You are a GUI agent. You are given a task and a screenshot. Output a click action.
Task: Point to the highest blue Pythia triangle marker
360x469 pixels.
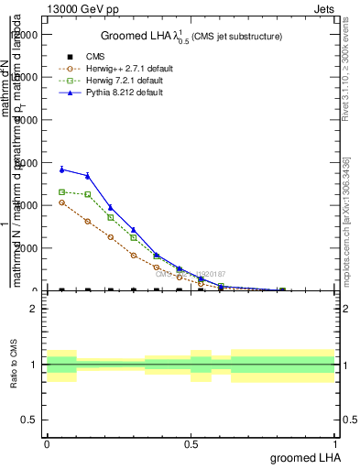[61, 169]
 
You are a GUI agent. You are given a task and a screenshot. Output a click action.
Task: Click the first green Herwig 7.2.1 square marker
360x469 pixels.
[61, 191]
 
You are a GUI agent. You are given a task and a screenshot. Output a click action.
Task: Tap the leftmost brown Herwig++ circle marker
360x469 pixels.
[61, 202]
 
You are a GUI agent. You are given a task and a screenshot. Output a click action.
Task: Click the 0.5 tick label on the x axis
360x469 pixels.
[191, 444]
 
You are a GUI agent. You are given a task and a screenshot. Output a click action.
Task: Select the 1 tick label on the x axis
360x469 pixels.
[334, 444]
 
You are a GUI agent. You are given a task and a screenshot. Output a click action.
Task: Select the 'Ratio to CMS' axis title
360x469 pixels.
[14, 364]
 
